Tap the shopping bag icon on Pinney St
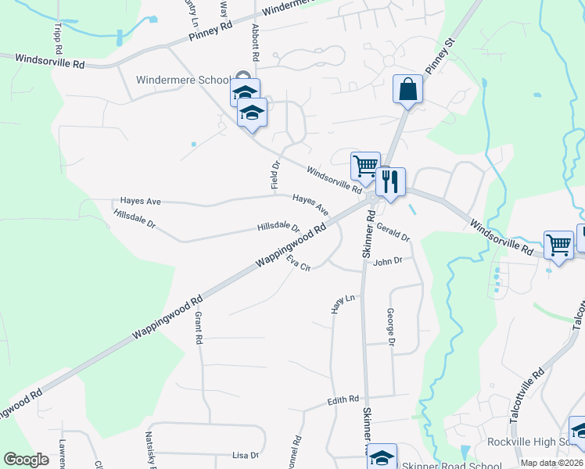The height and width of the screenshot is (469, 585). [x=408, y=89]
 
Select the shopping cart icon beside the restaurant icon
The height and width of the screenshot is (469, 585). [x=365, y=166]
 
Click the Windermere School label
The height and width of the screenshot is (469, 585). [x=182, y=80]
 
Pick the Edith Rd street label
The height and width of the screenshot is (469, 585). [x=343, y=400]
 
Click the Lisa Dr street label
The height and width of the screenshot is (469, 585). [x=245, y=455]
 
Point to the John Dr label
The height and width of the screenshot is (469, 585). [x=387, y=261]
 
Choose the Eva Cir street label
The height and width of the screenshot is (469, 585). [x=299, y=263]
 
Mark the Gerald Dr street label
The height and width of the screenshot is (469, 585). [x=393, y=231]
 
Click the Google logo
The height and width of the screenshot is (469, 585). [x=26, y=460]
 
